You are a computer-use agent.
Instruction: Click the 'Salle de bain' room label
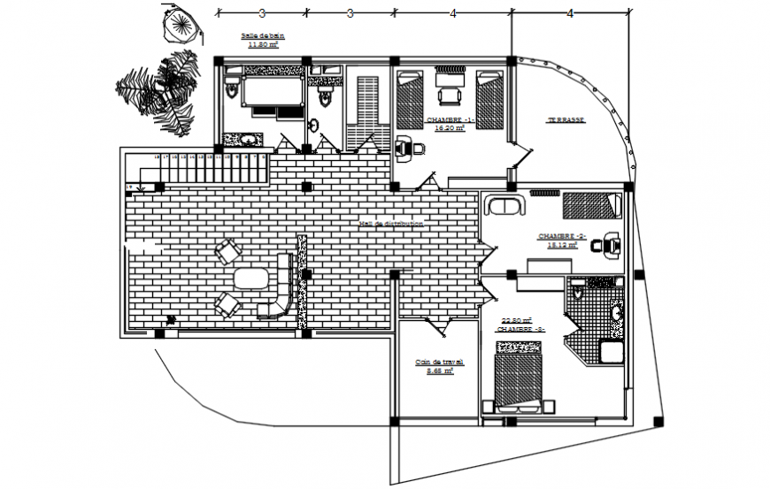pos(259,35)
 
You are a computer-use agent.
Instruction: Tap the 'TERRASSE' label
pos(564,119)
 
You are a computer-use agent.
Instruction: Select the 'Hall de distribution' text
pos(390,224)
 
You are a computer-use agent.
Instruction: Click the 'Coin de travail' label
pos(435,362)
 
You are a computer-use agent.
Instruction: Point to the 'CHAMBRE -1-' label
pos(450,119)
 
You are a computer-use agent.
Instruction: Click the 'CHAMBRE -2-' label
pos(562,237)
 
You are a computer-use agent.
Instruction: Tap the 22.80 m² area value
pos(516,320)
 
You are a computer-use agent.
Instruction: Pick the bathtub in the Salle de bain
pos(263,93)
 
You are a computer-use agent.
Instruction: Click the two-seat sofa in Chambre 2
pos(504,209)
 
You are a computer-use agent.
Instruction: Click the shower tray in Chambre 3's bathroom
pos(611,352)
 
